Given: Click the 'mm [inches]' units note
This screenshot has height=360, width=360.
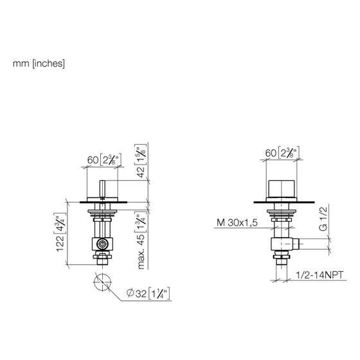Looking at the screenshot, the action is click(x=39, y=64).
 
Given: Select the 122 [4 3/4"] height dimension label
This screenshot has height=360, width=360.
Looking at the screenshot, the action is click(x=61, y=232).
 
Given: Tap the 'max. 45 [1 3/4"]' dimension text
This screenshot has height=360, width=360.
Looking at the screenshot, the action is click(x=141, y=241).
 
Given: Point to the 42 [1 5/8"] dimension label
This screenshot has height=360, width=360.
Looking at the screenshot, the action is click(x=141, y=161).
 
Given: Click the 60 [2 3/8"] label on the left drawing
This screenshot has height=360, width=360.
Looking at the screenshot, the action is click(x=104, y=159).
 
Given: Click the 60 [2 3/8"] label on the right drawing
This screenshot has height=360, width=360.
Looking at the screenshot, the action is click(x=282, y=152).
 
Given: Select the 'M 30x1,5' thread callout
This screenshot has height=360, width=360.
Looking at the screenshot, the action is click(x=237, y=222).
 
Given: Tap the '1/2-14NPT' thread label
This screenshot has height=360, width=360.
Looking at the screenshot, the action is click(x=320, y=275).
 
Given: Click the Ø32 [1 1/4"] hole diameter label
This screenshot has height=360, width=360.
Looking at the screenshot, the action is click(x=148, y=293).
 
